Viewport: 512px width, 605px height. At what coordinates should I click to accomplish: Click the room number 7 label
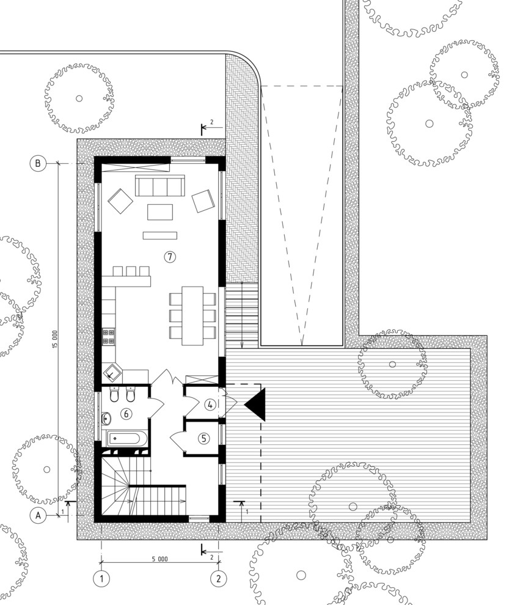(170, 256)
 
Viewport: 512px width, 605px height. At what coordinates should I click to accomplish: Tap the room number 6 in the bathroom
(126, 414)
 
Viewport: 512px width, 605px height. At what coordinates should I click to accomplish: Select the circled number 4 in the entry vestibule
(210, 405)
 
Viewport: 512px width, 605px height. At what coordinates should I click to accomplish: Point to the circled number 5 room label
(203, 438)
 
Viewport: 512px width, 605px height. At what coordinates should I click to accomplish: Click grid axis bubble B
(38, 163)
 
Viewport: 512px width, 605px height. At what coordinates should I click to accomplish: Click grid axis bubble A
(38, 515)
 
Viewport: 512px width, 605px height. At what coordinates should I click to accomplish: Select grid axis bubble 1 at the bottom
(102, 578)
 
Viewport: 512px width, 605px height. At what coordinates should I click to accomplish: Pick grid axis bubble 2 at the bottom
(219, 578)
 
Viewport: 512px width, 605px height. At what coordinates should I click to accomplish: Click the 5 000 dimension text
(159, 559)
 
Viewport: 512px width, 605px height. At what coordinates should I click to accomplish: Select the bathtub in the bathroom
(126, 438)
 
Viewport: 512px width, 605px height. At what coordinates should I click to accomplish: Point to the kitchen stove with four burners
(109, 336)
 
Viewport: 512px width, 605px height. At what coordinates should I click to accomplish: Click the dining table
(192, 315)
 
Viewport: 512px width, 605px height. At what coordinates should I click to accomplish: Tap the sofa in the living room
(159, 186)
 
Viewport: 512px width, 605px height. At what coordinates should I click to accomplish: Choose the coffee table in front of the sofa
(160, 212)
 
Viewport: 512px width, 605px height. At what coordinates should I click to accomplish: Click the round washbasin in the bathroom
(106, 418)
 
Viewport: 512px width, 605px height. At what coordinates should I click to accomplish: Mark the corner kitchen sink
(112, 373)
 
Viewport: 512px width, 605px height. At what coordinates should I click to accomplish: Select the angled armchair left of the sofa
(120, 200)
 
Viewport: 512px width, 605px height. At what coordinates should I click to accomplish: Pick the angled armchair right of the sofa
(203, 201)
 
